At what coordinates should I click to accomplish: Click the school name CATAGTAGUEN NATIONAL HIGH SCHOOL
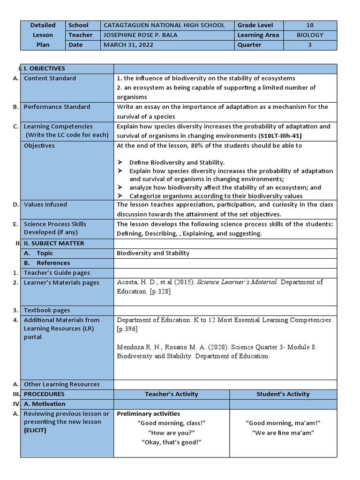164,25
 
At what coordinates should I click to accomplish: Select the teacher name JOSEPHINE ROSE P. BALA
150,35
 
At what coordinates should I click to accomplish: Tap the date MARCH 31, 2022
128,45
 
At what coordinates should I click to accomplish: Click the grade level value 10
310,25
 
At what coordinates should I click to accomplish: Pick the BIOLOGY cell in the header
310,35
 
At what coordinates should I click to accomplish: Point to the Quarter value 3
310,45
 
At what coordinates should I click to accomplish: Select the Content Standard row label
50,78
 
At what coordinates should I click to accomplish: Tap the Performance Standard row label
57,107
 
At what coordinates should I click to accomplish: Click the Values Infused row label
45,204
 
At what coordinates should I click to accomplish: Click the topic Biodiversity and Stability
153,253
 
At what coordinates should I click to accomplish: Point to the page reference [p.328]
159,291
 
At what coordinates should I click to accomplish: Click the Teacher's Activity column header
172,394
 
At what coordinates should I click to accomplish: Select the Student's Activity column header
283,394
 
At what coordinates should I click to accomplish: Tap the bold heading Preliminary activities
148,414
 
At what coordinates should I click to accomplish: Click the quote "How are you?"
171,433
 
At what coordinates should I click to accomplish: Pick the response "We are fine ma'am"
283,433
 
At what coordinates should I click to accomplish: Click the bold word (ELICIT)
35,430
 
